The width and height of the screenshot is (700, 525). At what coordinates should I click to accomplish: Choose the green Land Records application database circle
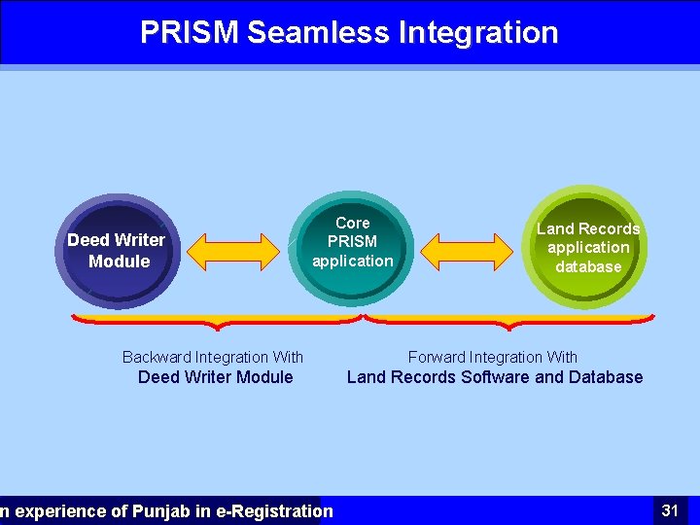point(587,246)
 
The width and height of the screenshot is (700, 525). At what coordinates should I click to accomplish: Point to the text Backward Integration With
point(213,358)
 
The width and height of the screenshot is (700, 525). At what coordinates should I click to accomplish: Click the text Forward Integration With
point(493,358)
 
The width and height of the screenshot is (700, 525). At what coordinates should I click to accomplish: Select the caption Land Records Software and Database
point(495,377)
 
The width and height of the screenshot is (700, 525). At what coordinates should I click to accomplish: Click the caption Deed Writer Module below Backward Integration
point(215,377)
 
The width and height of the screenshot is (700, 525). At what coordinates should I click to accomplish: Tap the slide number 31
point(670,509)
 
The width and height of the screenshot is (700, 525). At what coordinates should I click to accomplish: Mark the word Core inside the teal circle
point(352,223)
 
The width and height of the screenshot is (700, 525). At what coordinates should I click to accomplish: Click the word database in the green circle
point(588,266)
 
